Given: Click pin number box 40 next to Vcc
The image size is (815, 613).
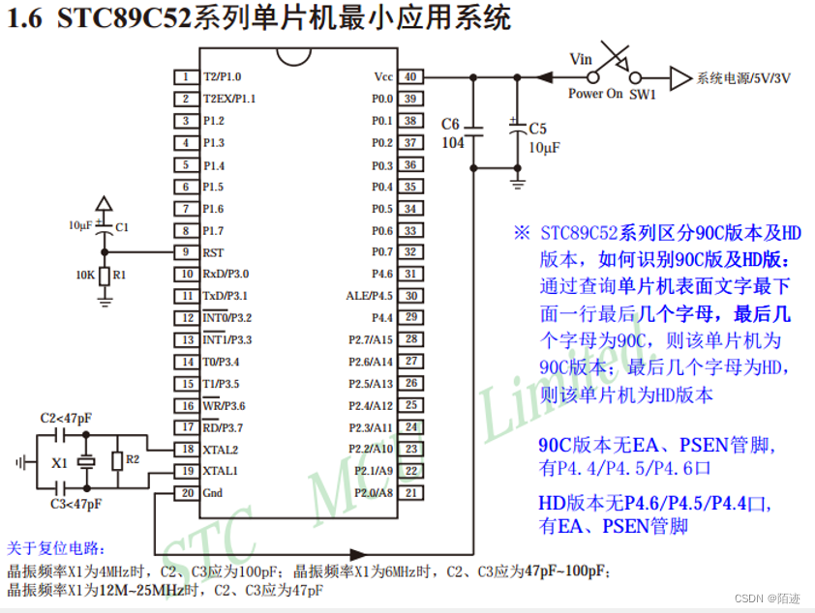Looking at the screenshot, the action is (x=411, y=76).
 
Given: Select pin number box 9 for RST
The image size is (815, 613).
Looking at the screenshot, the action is (x=185, y=252).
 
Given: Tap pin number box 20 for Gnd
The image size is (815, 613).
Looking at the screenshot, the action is (x=185, y=493).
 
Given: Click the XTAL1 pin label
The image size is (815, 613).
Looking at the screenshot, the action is (x=221, y=471).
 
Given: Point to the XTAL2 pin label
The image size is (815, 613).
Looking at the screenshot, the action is (x=221, y=450).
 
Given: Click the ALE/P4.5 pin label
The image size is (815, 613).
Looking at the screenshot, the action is (x=370, y=296).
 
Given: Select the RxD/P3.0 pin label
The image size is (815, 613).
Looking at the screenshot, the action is (x=226, y=274).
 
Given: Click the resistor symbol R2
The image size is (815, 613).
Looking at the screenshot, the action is (x=117, y=460).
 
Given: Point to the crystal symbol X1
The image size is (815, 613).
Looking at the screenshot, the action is (x=85, y=462).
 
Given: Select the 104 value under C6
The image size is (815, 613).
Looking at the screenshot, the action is (x=452, y=142).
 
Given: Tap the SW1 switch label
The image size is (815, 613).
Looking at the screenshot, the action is (x=643, y=94).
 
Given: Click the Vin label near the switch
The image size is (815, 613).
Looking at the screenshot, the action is (x=581, y=60).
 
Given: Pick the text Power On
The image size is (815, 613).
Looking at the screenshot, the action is (x=595, y=94).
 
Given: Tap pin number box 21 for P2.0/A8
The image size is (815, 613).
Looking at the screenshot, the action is (x=411, y=493).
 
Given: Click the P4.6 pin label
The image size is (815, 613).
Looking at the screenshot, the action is (x=382, y=274).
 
